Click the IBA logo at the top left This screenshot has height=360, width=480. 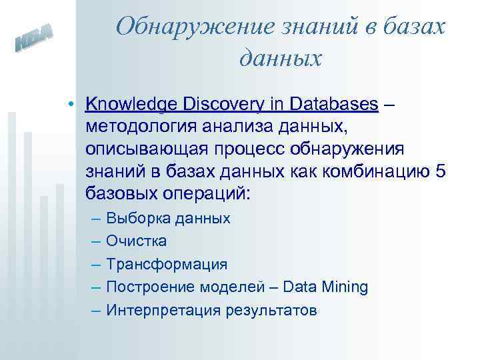[34, 41]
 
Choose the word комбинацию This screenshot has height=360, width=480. [378, 171]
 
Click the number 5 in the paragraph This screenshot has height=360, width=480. [440, 171]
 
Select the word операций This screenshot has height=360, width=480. [211, 193]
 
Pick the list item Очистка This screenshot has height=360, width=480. [137, 241]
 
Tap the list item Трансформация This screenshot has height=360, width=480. [167, 264]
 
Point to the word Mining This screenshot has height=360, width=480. [343, 287]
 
